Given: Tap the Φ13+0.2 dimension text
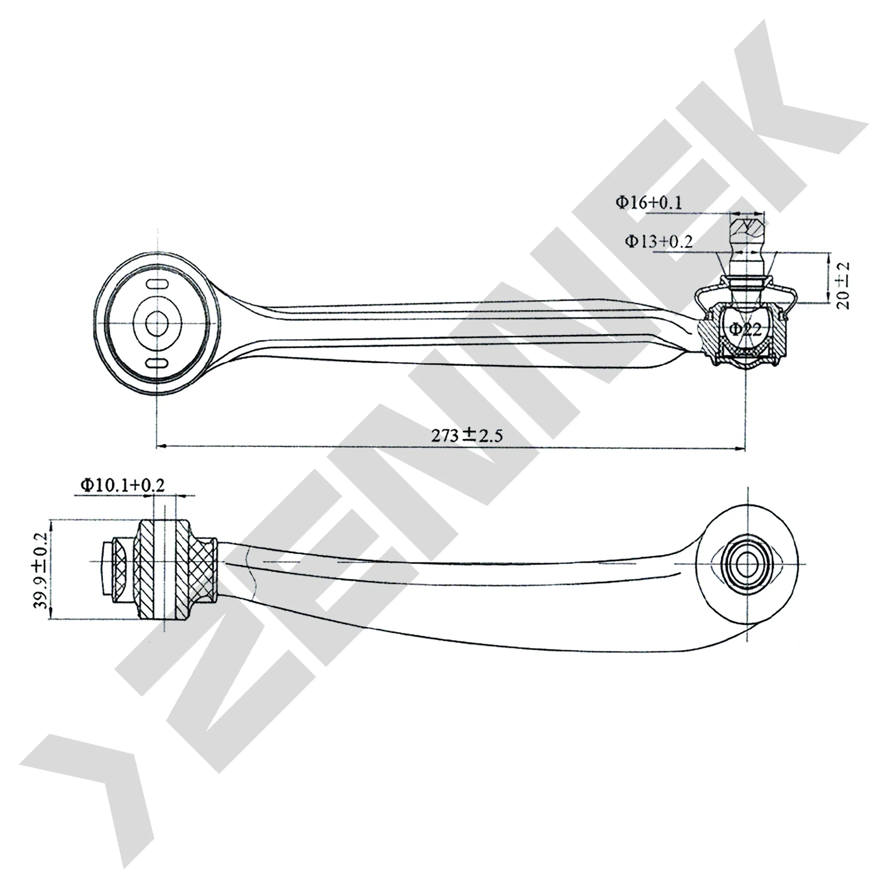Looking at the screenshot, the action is [x=658, y=241].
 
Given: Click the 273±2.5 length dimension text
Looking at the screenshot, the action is [x=467, y=435].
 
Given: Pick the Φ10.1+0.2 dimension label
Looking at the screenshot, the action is [x=122, y=484].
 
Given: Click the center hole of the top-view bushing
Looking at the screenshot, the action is [x=157, y=324].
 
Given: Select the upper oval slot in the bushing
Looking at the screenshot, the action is [x=157, y=285].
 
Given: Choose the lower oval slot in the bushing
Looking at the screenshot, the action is [x=157, y=364].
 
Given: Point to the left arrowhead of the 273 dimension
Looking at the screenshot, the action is [x=162, y=446].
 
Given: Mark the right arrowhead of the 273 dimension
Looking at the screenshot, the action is [x=740, y=448].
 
